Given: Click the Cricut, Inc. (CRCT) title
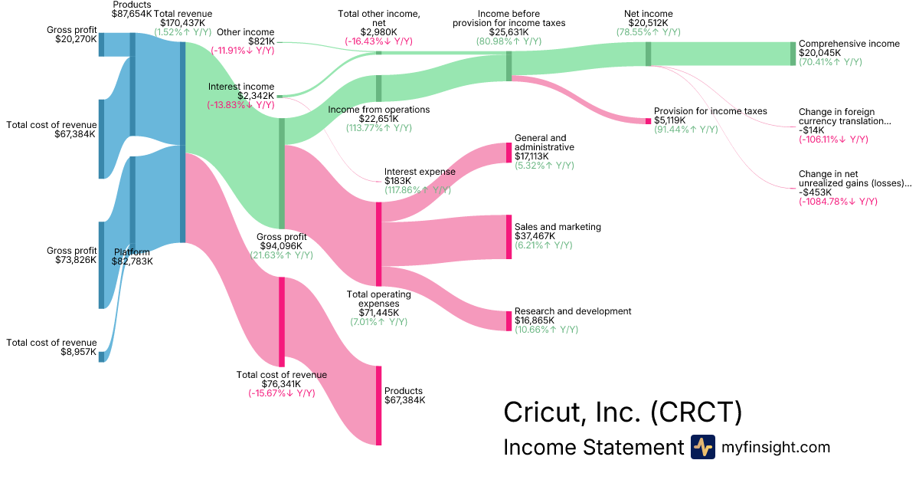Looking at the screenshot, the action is (622, 412).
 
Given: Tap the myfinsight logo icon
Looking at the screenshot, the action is (702, 447).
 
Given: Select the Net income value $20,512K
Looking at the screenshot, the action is (649, 23).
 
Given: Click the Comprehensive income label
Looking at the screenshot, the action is (849, 44).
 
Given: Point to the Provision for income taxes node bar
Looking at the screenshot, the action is (648, 120).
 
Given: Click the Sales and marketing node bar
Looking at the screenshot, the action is (508, 237).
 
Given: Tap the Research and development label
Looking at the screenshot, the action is (573, 311).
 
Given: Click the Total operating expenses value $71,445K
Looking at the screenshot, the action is (378, 313).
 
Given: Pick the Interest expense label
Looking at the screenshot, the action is (420, 172).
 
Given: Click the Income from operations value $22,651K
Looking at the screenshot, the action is (378, 119).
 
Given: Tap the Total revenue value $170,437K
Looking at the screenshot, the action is (182, 23).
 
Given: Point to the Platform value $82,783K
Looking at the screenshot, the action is (132, 261).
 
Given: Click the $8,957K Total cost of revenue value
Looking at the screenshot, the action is (75, 353).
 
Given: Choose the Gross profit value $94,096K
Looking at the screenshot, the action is (283, 246).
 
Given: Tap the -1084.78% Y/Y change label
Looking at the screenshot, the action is (838, 202).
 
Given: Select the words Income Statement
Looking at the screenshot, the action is (593, 448).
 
